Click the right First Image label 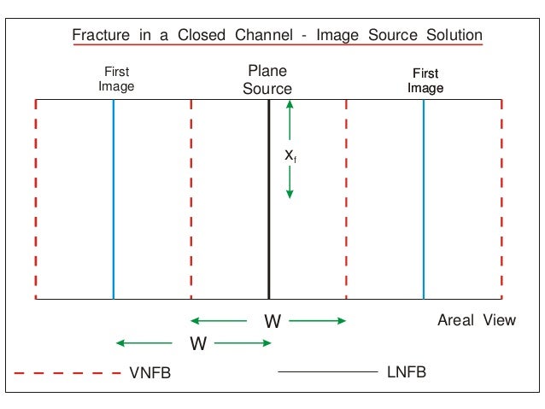tap(425, 80)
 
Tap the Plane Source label tap(267, 79)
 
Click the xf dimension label tap(290, 155)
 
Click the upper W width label tap(272, 322)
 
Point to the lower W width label tap(198, 344)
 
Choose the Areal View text tap(477, 320)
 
